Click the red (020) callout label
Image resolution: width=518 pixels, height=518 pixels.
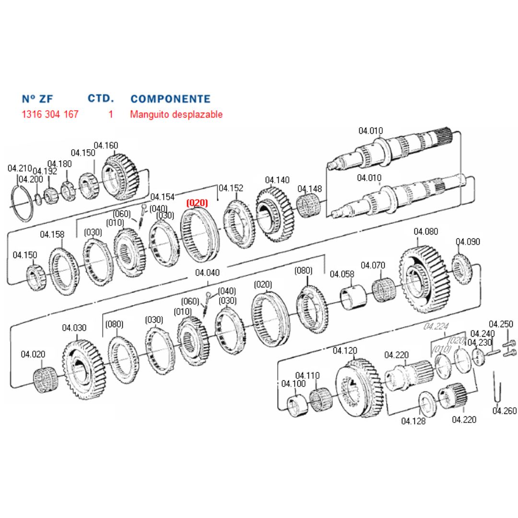tap(197, 203)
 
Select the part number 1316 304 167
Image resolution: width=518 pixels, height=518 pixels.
tap(50, 115)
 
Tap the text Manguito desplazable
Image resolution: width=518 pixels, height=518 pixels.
tap(176, 115)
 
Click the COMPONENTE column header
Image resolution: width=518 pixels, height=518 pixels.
tap(170, 99)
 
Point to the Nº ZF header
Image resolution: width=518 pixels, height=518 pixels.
tap(37, 99)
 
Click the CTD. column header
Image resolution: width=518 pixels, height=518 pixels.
tap(101, 98)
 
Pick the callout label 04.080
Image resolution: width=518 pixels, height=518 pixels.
tap(425, 232)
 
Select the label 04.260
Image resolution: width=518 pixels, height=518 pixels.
tap(505, 411)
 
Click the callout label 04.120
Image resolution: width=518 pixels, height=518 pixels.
tap(345, 351)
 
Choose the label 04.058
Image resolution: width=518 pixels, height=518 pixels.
tap(342, 274)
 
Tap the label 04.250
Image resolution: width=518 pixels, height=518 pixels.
tap(501, 324)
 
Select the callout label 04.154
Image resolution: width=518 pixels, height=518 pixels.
tap(163, 197)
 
